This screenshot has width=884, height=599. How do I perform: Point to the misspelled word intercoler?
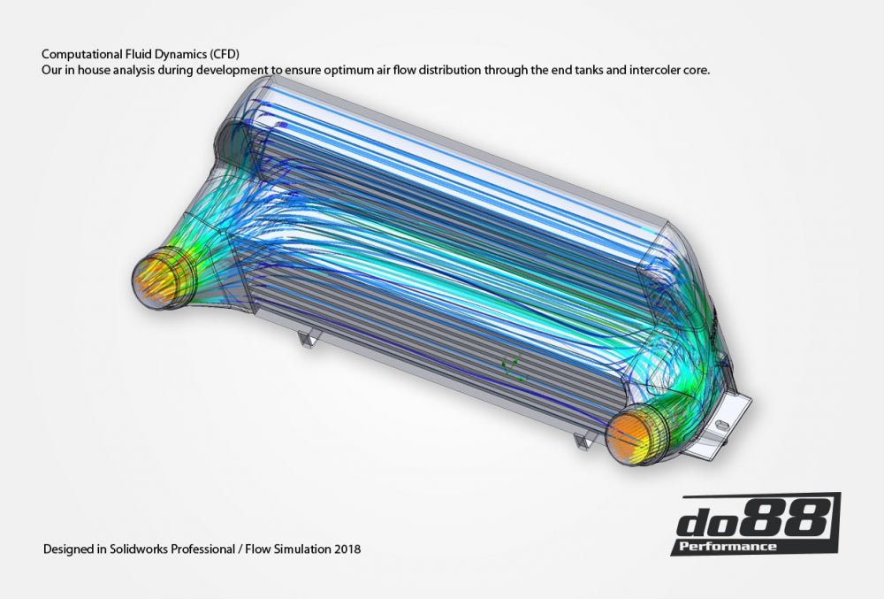pyautogui.click(x=655, y=69)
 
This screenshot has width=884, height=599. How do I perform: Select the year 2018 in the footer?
pyautogui.click(x=347, y=549)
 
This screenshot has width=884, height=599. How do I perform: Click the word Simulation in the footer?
pyautogui.click(x=301, y=549)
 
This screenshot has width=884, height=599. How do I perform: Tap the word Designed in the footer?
pyautogui.click(x=67, y=549)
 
